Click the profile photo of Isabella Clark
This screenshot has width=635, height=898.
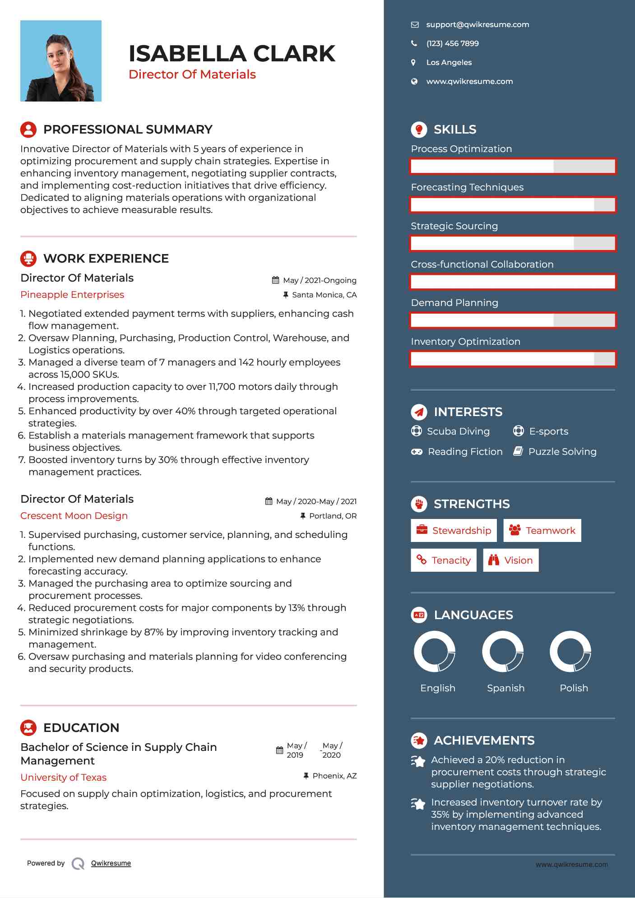(x=61, y=61)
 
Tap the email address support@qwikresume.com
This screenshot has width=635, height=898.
(x=477, y=24)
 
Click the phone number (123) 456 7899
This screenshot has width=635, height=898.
(x=452, y=43)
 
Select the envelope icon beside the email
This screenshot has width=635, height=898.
(x=414, y=25)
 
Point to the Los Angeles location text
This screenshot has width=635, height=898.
(x=449, y=62)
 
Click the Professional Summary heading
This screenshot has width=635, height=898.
(x=128, y=130)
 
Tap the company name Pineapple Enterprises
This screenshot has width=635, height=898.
(x=72, y=295)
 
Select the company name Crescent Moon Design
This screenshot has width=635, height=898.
(x=74, y=516)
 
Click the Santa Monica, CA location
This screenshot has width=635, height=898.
(x=324, y=295)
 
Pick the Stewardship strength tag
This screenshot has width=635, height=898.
(x=454, y=530)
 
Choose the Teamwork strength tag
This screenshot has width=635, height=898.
(x=542, y=530)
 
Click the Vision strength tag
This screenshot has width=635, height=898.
(x=510, y=560)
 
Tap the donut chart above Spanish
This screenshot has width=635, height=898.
(x=503, y=651)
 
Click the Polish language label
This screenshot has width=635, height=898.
(x=574, y=688)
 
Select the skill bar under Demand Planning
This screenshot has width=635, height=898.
(x=513, y=320)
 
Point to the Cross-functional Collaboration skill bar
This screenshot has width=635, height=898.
(x=513, y=282)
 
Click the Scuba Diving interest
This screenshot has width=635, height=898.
(x=458, y=431)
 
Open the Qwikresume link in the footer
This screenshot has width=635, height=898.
(x=111, y=863)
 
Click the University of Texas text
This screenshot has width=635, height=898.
(x=64, y=778)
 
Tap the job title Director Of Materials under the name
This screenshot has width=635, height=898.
(x=192, y=74)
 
